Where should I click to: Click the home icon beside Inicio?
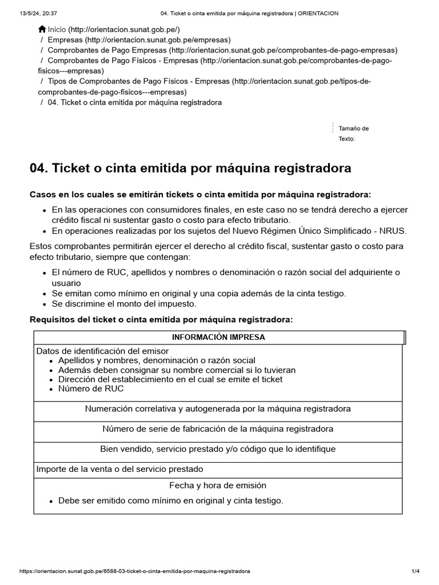tap(42, 29)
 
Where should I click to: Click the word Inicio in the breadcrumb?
tap(57, 29)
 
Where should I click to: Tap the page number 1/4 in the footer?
tap(416, 571)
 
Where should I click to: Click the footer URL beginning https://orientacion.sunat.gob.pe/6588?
tap(134, 571)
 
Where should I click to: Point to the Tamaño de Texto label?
tap(353, 133)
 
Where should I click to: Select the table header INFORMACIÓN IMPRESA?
tap(218, 337)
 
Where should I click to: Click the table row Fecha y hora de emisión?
tap(218, 486)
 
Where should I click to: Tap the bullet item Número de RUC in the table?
tap(90, 389)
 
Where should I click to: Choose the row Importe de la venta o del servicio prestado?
tap(119, 469)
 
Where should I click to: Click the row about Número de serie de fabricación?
tap(218, 428)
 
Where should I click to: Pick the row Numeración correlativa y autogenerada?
tap(218, 408)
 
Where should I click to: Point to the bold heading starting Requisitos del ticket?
tap(161, 319)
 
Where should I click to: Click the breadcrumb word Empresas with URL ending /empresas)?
tap(65, 40)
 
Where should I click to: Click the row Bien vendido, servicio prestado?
tap(218, 449)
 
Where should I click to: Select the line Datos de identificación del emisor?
tap(102, 351)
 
